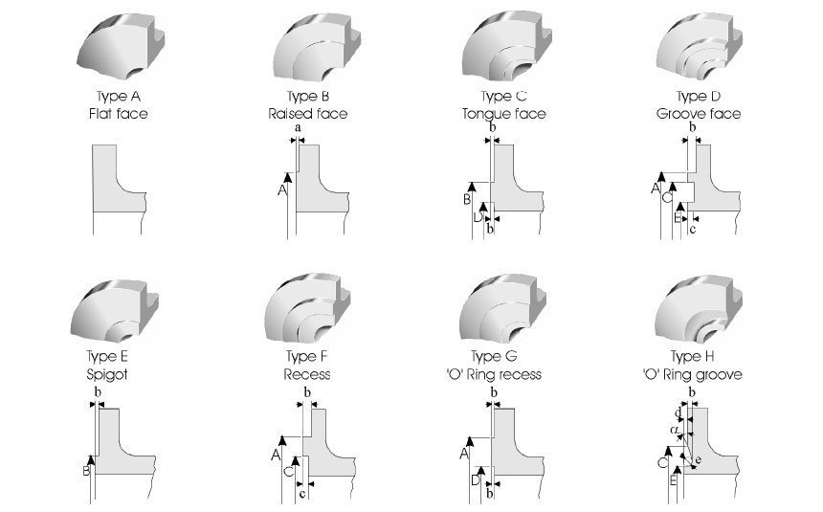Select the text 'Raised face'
(307, 114)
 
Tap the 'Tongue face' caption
(503, 114)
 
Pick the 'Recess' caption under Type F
(307, 374)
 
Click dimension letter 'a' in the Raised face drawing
(298, 127)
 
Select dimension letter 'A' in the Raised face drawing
(282, 189)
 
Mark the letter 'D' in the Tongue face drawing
(478, 218)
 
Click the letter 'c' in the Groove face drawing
(693, 230)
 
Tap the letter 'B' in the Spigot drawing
(87, 471)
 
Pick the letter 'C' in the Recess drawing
(288, 471)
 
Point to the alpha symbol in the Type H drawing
(675, 431)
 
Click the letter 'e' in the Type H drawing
(697, 460)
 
